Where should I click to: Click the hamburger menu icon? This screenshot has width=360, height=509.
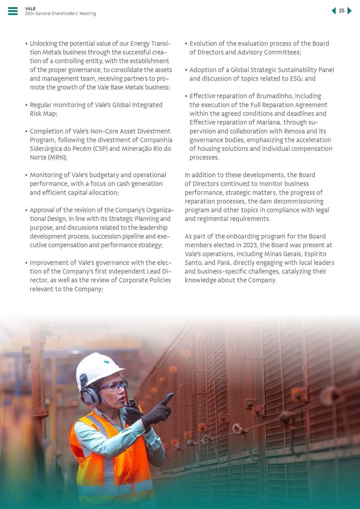(13, 11)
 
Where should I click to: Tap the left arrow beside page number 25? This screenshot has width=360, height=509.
(334, 11)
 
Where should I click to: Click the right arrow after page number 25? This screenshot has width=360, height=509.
(350, 11)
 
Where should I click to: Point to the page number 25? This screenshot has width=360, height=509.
(342, 11)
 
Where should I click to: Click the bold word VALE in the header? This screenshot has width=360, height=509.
(30, 8)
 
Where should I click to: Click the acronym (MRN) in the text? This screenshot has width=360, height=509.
(57, 157)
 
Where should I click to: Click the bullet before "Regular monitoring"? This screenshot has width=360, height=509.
(26, 105)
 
